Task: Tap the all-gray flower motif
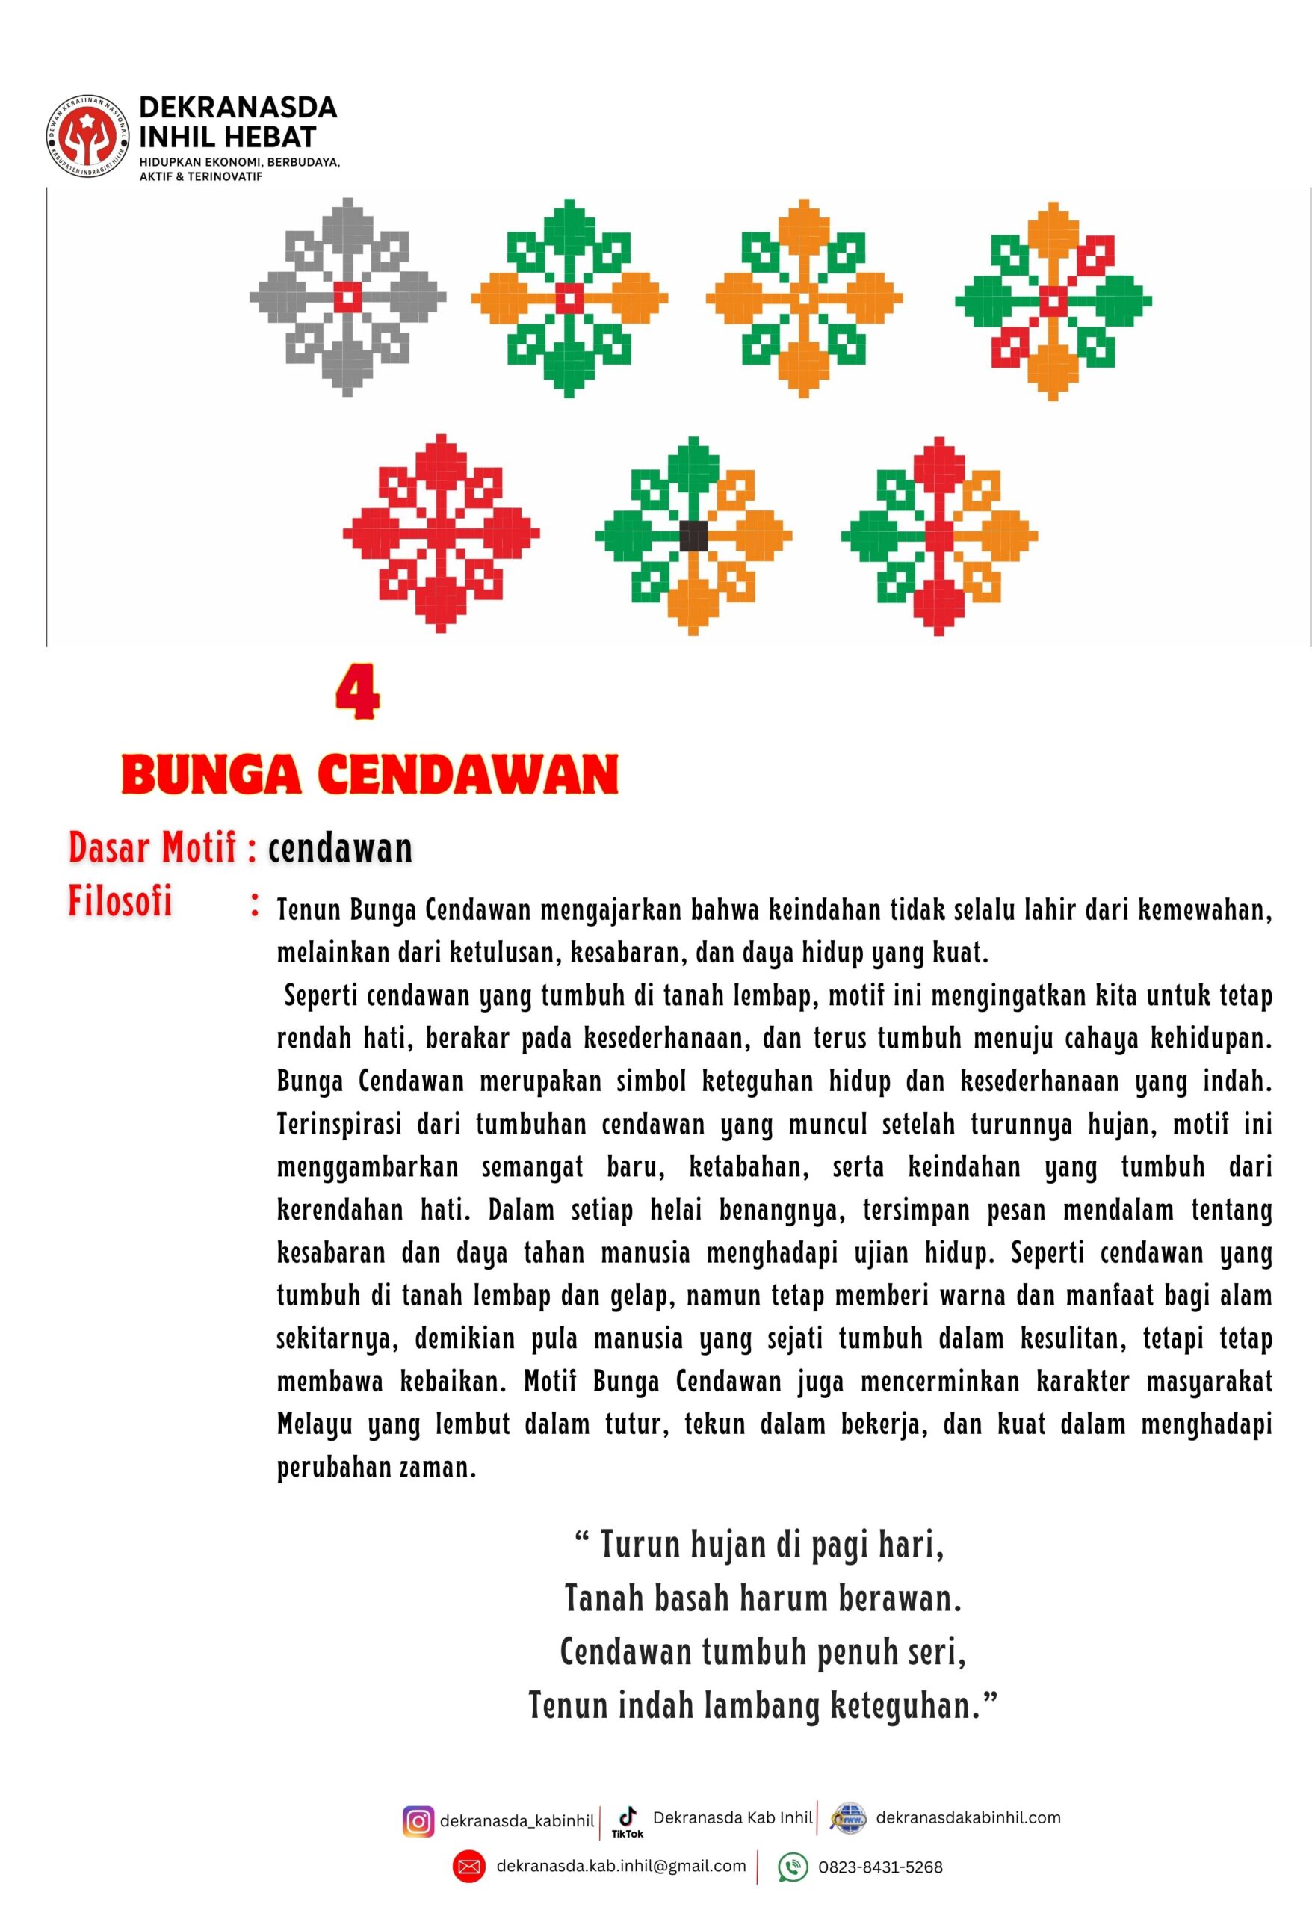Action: (347, 297)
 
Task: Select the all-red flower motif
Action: (441, 533)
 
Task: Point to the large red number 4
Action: (357, 695)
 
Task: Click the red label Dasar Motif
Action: (153, 848)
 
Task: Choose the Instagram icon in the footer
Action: (418, 1821)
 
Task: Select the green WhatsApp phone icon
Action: (793, 1867)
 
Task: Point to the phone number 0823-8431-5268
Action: (880, 1867)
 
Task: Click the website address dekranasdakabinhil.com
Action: (968, 1817)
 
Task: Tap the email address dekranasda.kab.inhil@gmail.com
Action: (622, 1866)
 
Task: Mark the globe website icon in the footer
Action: (848, 1819)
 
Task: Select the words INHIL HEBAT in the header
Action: (227, 137)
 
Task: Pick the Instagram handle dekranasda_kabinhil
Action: (517, 1822)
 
